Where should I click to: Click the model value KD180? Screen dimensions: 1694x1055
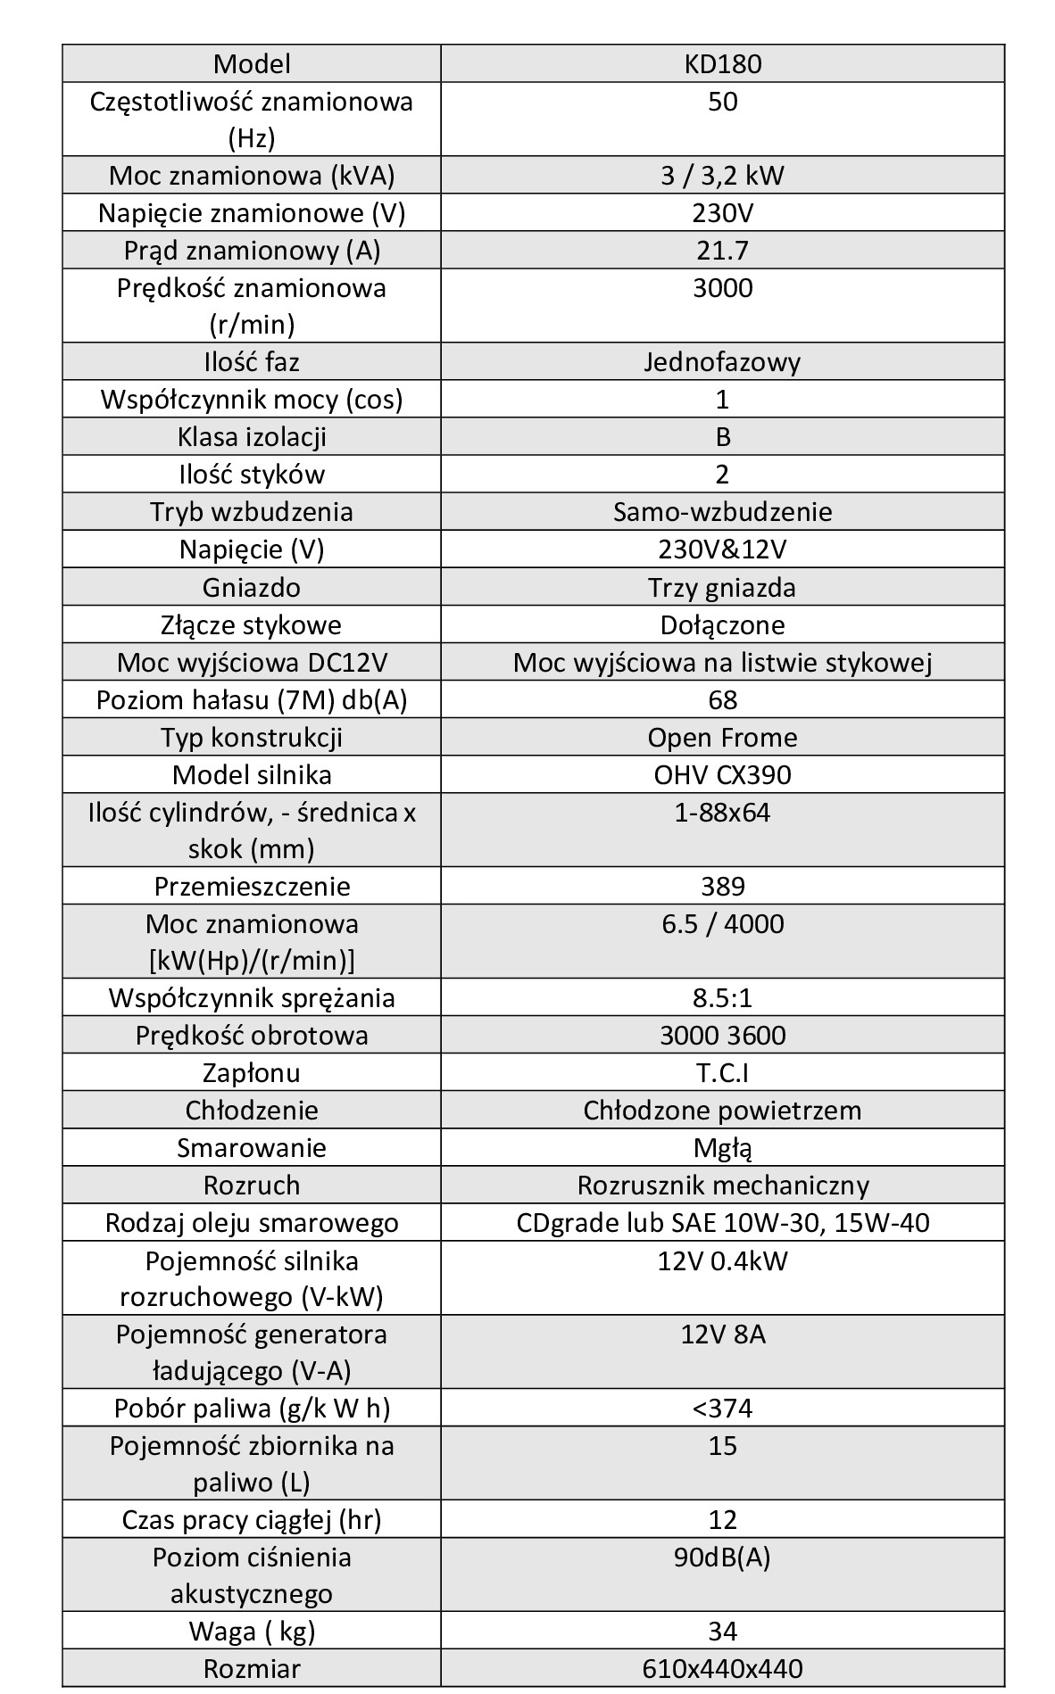(x=722, y=64)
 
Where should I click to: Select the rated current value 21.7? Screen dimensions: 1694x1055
(x=722, y=251)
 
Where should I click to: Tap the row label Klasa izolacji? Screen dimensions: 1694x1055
(x=252, y=437)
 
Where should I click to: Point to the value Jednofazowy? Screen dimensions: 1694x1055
(x=722, y=362)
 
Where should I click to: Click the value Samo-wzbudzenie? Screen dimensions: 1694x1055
(x=722, y=512)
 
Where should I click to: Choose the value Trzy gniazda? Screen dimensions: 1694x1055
(x=722, y=588)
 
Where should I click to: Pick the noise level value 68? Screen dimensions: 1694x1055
(x=722, y=700)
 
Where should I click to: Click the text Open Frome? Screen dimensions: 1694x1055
(x=722, y=738)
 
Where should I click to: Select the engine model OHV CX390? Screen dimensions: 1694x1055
(x=722, y=774)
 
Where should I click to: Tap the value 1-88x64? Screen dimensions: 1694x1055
(x=722, y=813)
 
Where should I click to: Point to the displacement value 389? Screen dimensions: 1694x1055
(x=722, y=887)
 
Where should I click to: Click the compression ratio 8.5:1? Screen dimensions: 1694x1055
(x=722, y=998)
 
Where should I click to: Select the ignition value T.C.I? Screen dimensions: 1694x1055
(x=722, y=1073)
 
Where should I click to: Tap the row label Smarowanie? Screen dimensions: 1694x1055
(x=252, y=1148)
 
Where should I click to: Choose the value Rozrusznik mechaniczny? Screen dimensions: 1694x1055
(x=722, y=1186)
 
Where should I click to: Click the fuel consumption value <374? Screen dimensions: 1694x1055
(x=722, y=1409)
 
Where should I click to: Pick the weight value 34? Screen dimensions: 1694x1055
(x=722, y=1632)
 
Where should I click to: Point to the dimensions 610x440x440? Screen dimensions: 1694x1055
(x=722, y=1668)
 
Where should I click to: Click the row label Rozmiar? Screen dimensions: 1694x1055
(x=252, y=1668)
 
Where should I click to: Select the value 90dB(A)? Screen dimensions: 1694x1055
(x=722, y=1558)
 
